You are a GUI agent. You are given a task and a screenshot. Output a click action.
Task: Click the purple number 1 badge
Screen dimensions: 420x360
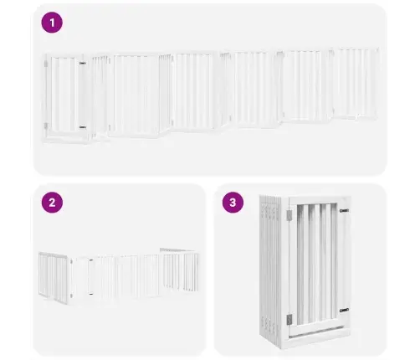[52, 23]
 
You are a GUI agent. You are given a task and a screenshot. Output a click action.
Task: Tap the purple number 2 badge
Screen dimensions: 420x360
[52, 203]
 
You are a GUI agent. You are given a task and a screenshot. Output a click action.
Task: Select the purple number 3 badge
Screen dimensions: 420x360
[233, 203]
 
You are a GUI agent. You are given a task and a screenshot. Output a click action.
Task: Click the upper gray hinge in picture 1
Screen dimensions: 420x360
[46, 64]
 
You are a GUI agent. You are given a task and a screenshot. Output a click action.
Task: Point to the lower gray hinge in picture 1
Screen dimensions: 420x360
[46, 126]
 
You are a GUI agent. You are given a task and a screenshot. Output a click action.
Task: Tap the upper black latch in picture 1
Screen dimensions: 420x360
[82, 64]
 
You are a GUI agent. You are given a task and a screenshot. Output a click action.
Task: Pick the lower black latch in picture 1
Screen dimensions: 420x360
[83, 127]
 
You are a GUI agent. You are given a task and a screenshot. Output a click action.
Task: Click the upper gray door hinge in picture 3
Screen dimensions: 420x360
[289, 215]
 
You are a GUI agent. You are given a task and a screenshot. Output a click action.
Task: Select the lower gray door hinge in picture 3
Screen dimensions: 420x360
[289, 319]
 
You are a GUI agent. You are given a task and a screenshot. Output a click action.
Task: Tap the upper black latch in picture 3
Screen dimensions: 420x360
[345, 211]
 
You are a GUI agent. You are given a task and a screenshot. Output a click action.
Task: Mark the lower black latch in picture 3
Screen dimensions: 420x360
[345, 310]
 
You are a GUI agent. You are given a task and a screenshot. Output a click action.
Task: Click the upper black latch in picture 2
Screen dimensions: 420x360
[91, 260]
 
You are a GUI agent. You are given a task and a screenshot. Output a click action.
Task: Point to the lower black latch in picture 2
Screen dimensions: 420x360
[91, 293]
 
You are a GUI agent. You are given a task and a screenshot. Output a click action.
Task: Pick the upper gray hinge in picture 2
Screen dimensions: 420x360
[71, 262]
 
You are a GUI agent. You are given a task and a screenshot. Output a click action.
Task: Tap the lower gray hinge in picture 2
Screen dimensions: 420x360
[71, 296]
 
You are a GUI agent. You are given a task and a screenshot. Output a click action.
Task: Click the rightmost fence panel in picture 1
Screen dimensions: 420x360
[356, 83]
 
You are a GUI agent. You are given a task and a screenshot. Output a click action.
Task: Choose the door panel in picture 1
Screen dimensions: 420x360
[65, 95]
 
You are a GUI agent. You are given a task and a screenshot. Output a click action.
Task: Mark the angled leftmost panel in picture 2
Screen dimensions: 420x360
[53, 277]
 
